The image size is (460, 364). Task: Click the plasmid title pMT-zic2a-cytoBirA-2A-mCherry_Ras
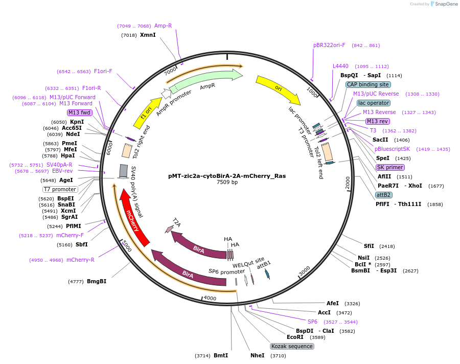click(x=227, y=175)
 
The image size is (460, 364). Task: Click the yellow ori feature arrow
click(x=278, y=88)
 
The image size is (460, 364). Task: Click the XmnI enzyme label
click(x=148, y=35)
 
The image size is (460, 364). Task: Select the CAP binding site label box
click(x=368, y=84)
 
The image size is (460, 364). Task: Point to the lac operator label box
click(x=374, y=103)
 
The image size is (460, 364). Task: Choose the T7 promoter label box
click(x=60, y=189)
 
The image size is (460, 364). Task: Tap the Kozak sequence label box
click(x=292, y=346)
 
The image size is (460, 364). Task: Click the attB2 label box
click(x=383, y=195)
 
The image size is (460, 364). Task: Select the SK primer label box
click(x=390, y=167)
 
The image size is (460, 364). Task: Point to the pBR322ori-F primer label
click(x=329, y=45)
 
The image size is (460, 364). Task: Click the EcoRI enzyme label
click(x=295, y=337)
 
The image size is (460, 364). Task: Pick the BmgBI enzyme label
click(x=97, y=281)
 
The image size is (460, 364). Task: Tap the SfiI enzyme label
click(x=369, y=246)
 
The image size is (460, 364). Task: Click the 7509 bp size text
click(x=227, y=183)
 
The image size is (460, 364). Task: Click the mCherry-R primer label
click(x=80, y=260)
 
